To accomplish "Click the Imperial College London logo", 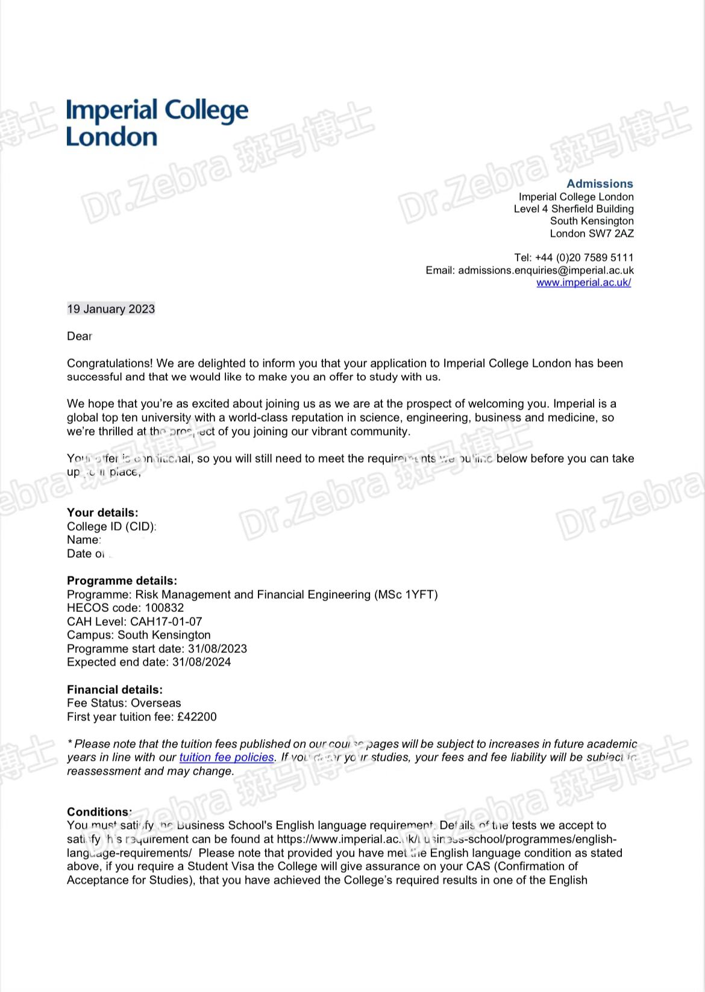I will pos(157,123).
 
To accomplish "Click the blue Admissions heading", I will pos(600,184).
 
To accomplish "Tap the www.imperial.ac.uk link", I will pos(583,282).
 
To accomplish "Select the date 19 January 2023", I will pos(111,309).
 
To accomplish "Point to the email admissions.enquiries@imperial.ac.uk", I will pos(545,270).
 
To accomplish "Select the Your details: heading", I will pos(102,513).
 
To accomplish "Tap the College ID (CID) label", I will pos(111,526).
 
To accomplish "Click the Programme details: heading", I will pos(122,581).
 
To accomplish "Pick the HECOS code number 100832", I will pos(164,608).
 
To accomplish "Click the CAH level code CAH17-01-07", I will pos(166,621).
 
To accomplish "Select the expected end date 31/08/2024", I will pos(201,662).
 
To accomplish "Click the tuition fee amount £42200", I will pos(196,717).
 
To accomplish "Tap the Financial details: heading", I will pos(114,690).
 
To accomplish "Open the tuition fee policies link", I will pos(227,757).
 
